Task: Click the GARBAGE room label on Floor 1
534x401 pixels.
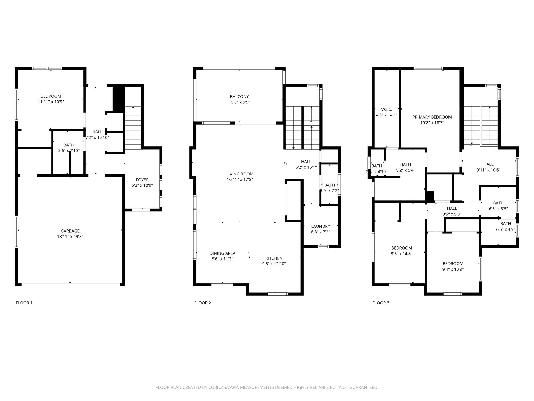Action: pos(70,231)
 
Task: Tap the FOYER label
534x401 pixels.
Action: pos(142,180)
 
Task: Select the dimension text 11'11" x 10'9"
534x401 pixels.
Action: pos(51,102)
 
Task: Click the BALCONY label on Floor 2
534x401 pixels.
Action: pos(239,97)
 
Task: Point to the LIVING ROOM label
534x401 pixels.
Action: pos(240,174)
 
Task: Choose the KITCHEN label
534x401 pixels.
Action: pos(274,258)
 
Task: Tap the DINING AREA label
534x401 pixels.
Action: pos(222,253)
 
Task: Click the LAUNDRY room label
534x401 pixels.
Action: pos(320,226)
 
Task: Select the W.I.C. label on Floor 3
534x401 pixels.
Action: pos(386,109)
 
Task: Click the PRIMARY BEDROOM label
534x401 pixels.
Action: pos(432,117)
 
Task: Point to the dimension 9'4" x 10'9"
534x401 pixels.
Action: pos(453,269)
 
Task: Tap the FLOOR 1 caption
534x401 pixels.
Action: pos(24,303)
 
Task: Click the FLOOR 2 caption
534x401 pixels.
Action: pos(202,303)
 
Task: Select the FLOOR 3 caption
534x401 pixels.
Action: pos(381,303)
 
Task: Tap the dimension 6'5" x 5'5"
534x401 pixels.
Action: pos(498,209)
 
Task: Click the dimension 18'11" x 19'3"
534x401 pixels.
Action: pos(70,237)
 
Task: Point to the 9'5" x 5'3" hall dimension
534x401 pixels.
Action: pos(452,214)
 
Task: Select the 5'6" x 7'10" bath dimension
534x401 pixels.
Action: pos(69,151)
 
